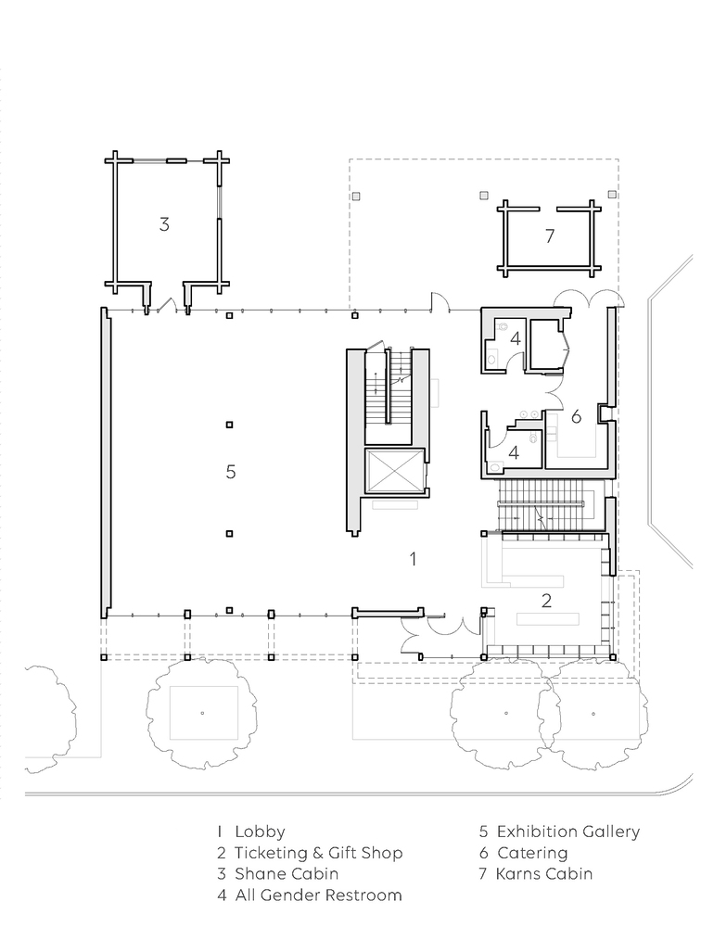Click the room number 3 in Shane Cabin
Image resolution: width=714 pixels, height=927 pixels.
(x=164, y=224)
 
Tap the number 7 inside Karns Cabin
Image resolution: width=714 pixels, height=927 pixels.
(x=550, y=235)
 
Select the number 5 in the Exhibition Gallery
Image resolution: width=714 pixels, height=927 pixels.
(x=231, y=472)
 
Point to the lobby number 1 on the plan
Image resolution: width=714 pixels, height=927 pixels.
(x=413, y=559)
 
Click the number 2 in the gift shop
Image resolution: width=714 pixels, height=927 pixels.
(x=546, y=601)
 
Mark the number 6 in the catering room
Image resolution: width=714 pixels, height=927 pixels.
(x=576, y=417)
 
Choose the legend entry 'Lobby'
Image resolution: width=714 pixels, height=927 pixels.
(x=260, y=832)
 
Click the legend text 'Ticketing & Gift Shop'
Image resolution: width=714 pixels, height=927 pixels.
(x=318, y=853)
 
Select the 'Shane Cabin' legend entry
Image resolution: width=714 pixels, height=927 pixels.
(x=287, y=874)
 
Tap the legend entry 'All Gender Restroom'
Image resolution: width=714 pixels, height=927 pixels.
(x=318, y=895)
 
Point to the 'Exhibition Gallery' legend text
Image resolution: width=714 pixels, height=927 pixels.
(x=567, y=832)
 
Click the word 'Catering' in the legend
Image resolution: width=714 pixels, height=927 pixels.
(x=532, y=853)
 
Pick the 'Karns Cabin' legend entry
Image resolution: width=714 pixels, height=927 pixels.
(x=543, y=874)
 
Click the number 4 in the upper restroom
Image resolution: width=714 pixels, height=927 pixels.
(x=516, y=339)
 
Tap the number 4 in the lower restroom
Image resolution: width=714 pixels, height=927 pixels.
(x=514, y=453)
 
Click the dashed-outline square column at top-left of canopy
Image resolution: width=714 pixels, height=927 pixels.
(x=356, y=197)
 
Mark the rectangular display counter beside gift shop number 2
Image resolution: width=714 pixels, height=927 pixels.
(x=547, y=618)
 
